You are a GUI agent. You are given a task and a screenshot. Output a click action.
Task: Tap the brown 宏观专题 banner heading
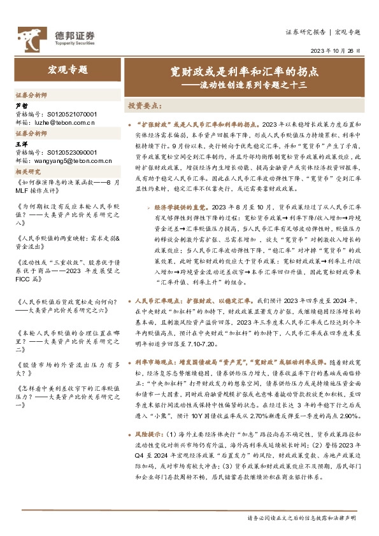(x=67, y=69)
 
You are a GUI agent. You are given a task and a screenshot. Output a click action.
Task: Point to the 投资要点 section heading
(x=145, y=106)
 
